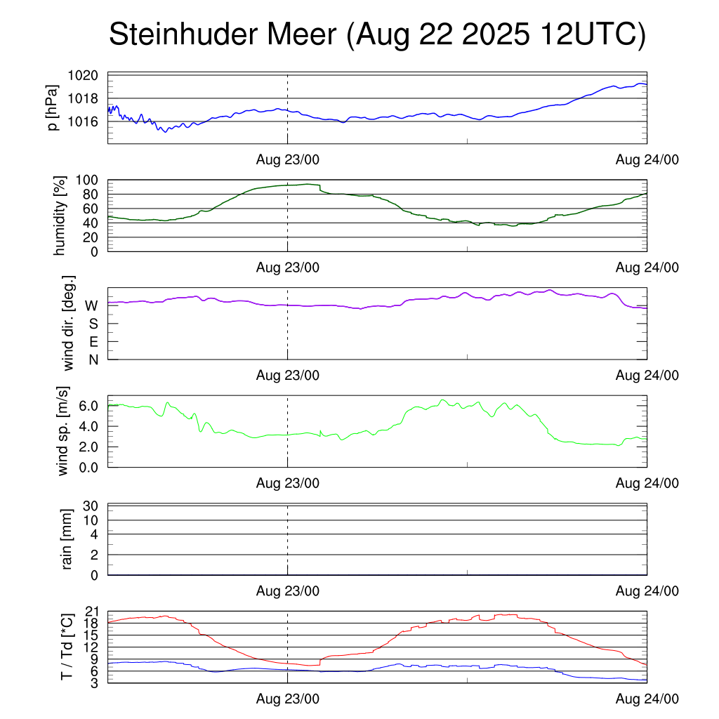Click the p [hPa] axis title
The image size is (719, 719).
point(51,107)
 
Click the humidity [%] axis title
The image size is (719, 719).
point(61,216)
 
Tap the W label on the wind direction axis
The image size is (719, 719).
point(91,305)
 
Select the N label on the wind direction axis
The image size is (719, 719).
point(93,359)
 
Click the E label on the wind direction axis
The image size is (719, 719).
point(93,342)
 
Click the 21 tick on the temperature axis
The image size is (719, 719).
point(92,611)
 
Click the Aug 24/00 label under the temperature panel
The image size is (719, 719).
point(647,699)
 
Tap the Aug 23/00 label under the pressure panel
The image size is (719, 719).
point(287,159)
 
